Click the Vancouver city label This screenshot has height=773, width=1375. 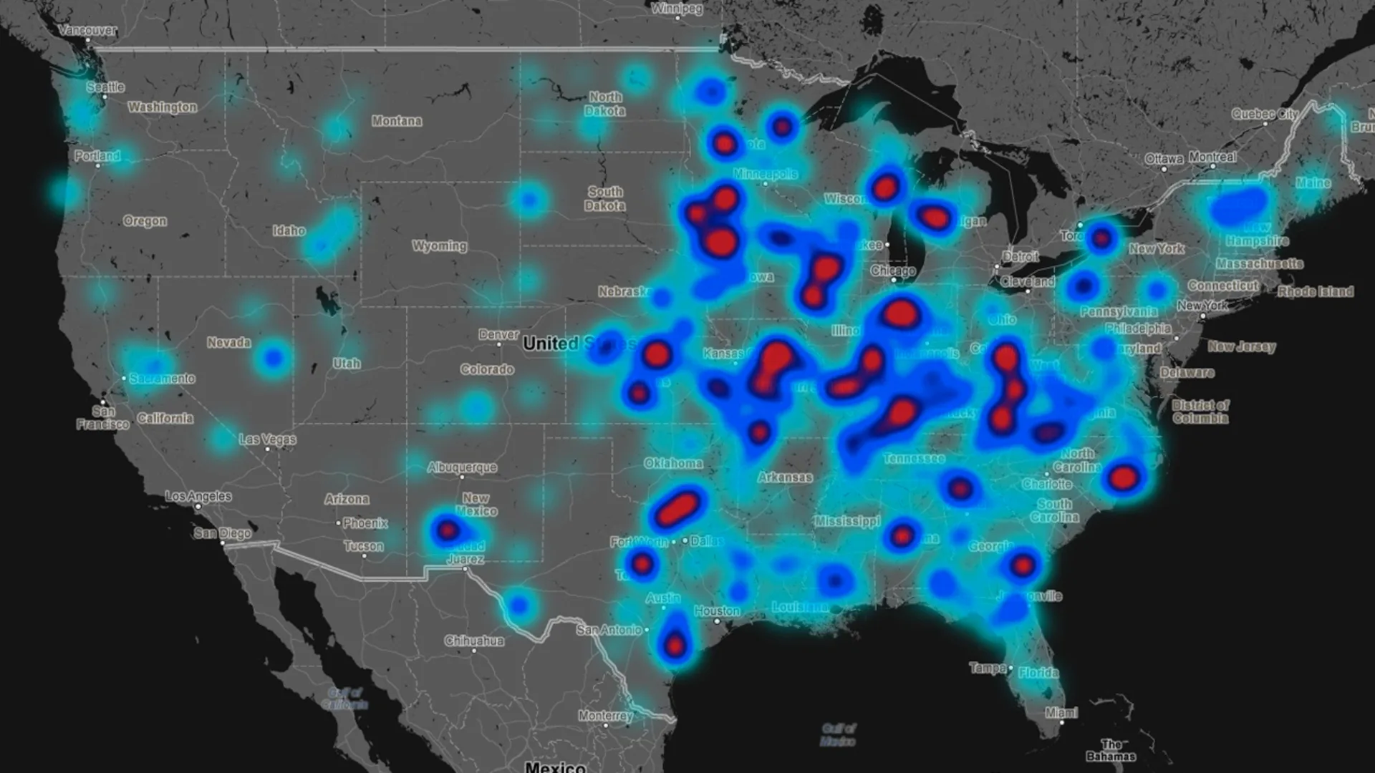click(x=87, y=30)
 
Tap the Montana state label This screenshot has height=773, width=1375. click(x=396, y=121)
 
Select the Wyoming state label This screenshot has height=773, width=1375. click(x=439, y=246)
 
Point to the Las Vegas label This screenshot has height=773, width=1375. click(x=267, y=439)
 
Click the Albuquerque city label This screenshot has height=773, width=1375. click(x=462, y=467)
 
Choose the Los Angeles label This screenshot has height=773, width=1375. click(x=198, y=496)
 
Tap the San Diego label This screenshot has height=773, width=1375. click(x=223, y=533)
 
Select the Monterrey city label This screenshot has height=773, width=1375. click(x=605, y=716)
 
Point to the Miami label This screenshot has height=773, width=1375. click(x=1061, y=713)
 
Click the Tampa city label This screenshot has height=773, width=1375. click(x=988, y=668)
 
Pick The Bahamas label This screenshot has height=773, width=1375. click(x=1111, y=750)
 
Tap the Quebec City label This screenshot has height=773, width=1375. click(x=1265, y=114)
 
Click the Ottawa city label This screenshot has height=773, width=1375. click(x=1164, y=158)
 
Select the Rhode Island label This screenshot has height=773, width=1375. click(x=1316, y=291)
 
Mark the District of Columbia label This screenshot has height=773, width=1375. click(x=1200, y=412)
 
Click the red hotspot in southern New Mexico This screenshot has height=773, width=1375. click(x=448, y=530)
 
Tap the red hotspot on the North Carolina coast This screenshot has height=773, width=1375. click(x=1123, y=477)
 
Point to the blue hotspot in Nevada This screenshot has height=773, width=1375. click(x=273, y=357)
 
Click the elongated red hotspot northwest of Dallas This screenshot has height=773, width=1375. click(x=676, y=507)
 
